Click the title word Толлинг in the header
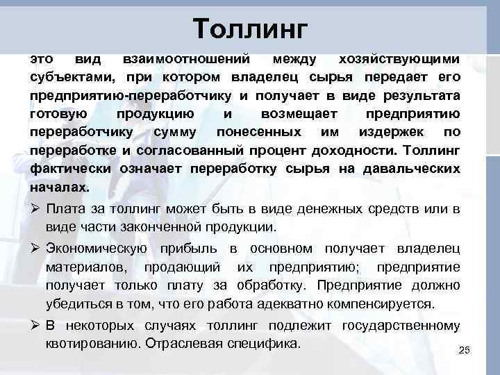coord(250,28)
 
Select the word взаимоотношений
coord(183,58)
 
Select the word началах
coord(60,187)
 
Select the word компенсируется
coord(374,303)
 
